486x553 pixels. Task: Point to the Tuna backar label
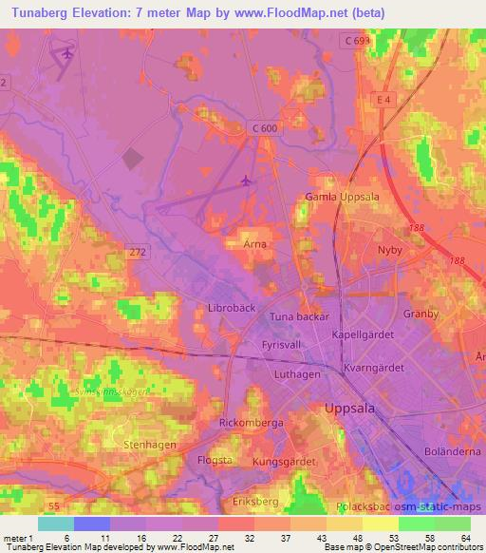(x=298, y=316)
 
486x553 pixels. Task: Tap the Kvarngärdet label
(x=372, y=367)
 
